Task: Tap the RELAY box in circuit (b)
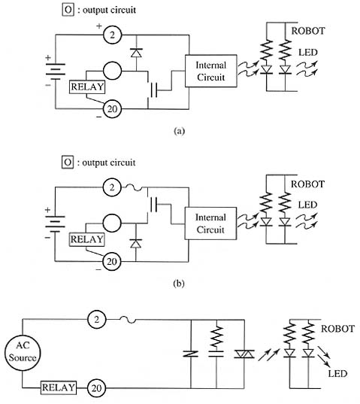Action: tap(86, 239)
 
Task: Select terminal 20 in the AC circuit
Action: tap(97, 387)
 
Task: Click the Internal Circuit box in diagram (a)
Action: tap(210, 71)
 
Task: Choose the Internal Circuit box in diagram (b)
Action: tap(210, 223)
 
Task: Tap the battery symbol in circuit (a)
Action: tap(55, 71)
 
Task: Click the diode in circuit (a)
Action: tap(136, 53)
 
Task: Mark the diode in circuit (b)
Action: tap(135, 244)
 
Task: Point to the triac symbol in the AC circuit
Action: tap(244, 354)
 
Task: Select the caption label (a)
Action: tap(179, 131)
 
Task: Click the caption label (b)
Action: tap(179, 284)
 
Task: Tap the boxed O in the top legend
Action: tap(68, 10)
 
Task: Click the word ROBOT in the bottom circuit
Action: tap(337, 329)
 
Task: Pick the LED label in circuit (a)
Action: tap(307, 53)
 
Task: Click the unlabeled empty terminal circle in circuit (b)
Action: tap(112, 223)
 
